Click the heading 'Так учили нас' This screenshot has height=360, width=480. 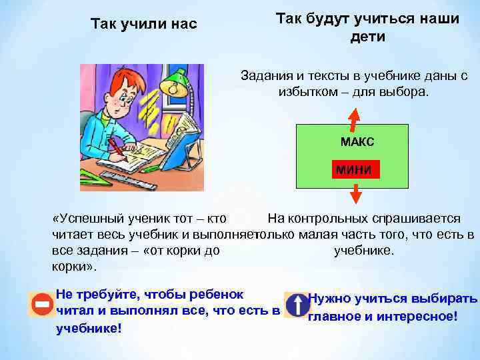[143, 25]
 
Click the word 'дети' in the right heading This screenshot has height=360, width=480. [367, 37]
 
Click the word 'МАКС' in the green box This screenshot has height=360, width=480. [357, 142]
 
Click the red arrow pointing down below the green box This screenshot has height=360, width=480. [355, 193]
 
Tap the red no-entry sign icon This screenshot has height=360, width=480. [41, 305]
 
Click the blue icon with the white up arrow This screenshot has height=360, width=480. [295, 305]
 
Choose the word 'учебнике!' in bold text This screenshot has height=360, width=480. [89, 328]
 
